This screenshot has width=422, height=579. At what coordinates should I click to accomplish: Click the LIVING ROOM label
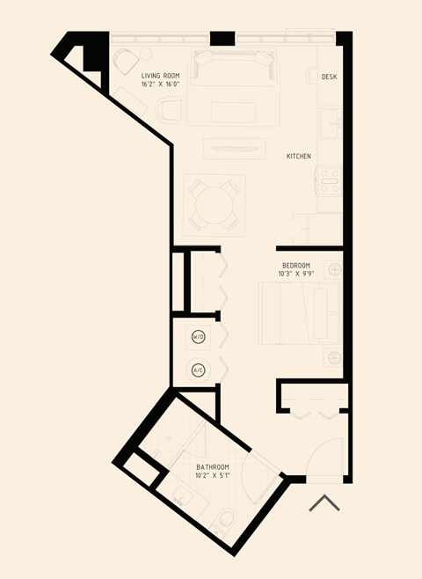point(160,76)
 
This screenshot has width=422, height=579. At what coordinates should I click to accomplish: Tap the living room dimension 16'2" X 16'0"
point(160,84)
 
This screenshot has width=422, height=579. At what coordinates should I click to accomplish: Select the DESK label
point(329,77)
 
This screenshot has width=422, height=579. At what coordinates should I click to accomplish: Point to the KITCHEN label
point(298,156)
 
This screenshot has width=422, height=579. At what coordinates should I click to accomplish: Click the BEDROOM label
point(295,265)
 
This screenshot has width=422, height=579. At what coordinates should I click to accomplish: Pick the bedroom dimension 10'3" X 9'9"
point(297,274)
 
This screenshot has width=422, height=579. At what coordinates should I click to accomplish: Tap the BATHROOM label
point(213,466)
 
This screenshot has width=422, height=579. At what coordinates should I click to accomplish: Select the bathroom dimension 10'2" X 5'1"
point(213,475)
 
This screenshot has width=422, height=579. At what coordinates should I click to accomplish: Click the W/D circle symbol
point(199,337)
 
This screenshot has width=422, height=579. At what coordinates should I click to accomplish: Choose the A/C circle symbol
point(199,370)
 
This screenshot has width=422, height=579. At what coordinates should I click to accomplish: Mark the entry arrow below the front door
point(325,503)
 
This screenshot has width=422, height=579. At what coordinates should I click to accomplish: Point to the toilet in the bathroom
point(226,522)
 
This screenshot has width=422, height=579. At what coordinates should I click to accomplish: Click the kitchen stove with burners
point(329,183)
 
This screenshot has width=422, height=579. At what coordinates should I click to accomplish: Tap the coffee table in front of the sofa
point(232,113)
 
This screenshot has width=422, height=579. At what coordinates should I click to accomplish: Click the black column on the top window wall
point(222,38)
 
